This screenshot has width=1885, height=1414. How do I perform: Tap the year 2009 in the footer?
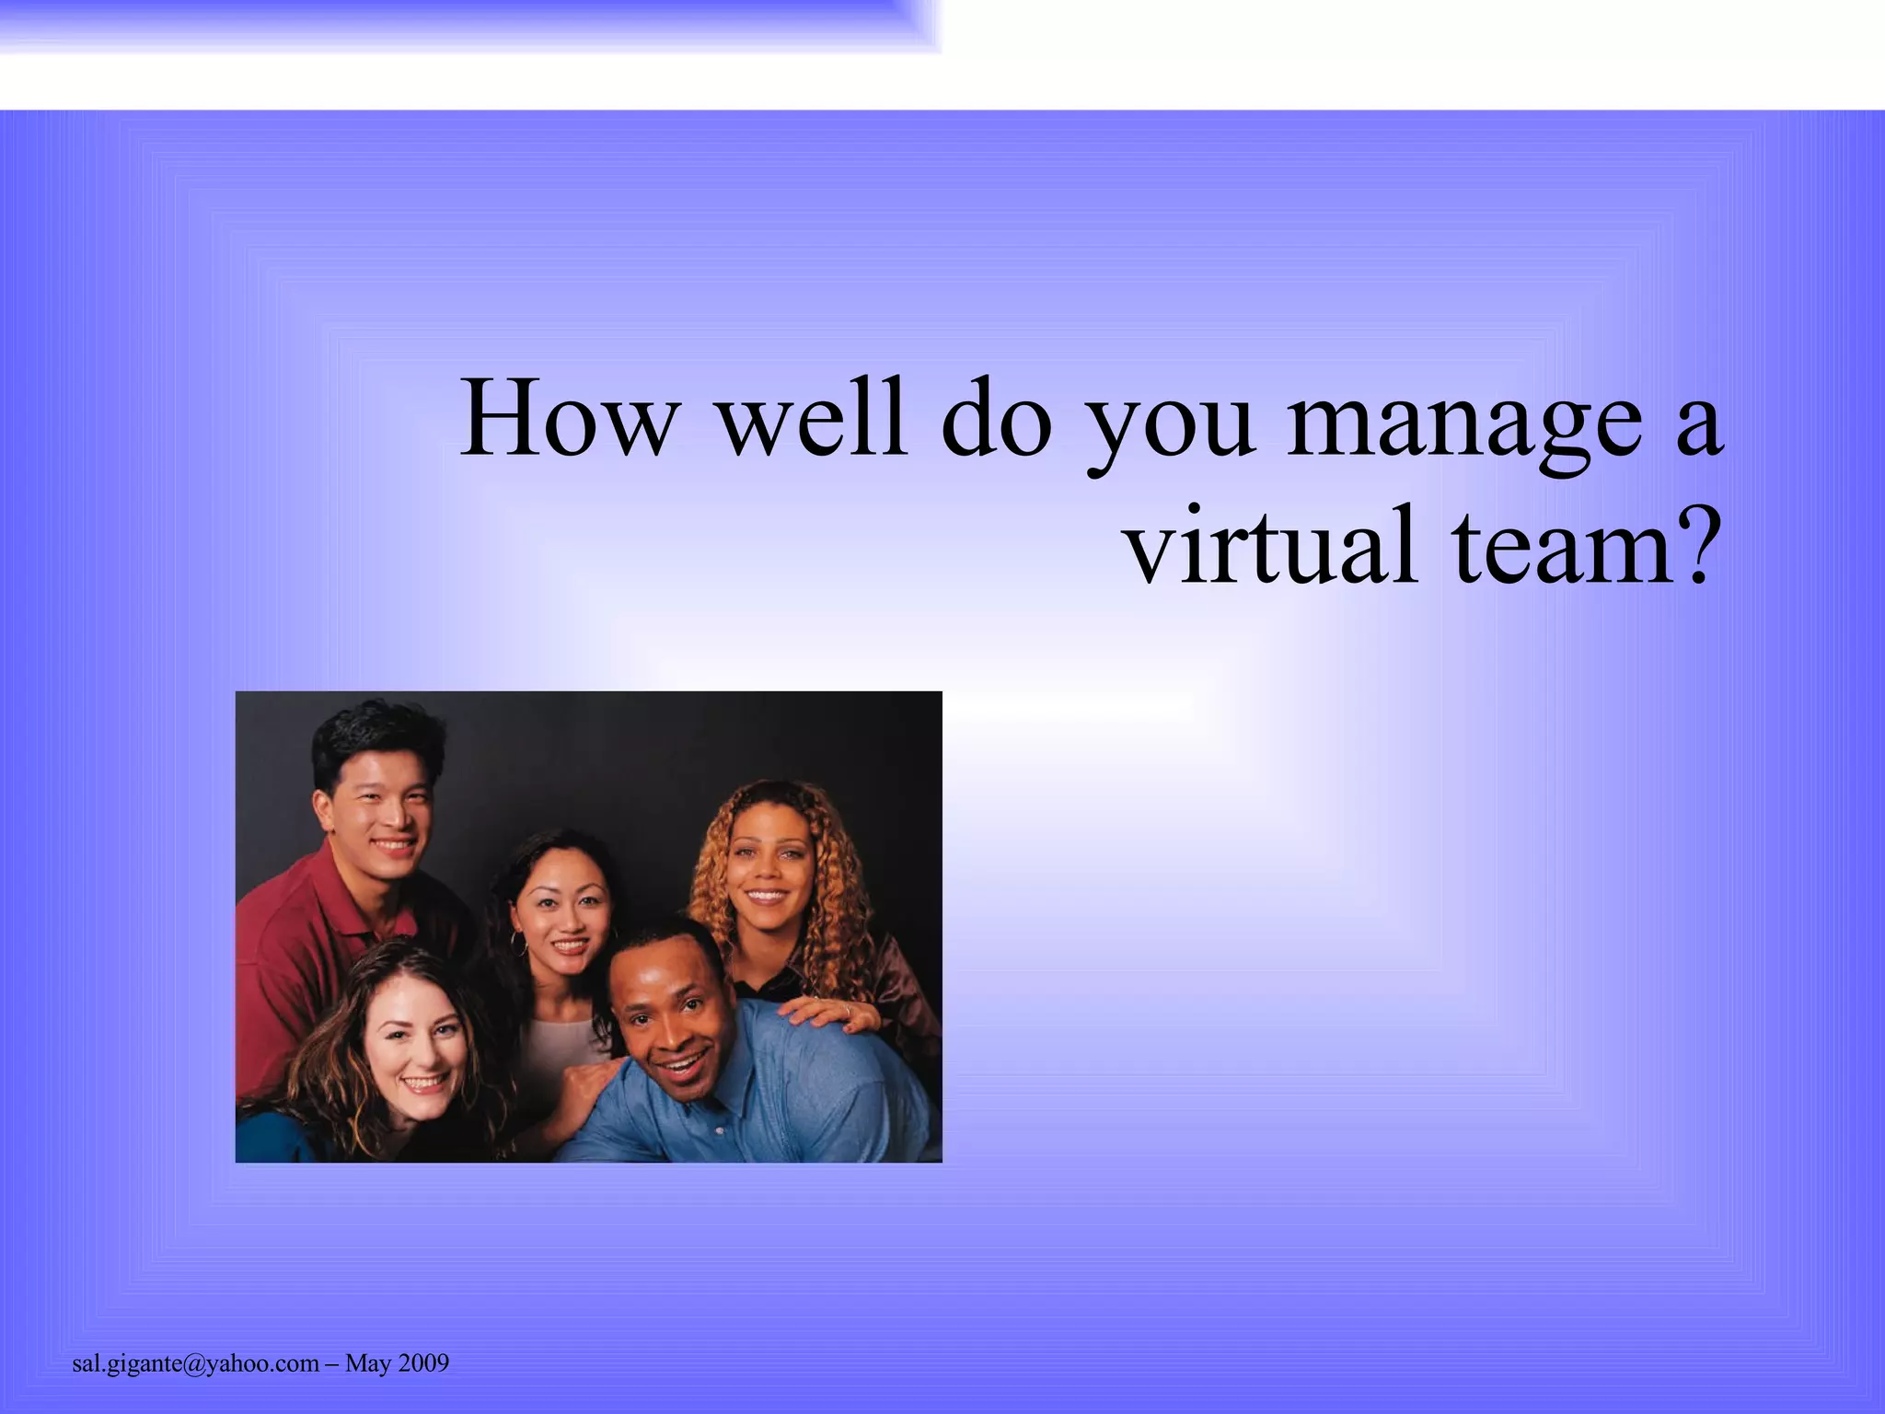(x=422, y=1363)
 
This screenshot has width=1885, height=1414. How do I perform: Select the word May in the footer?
(x=367, y=1364)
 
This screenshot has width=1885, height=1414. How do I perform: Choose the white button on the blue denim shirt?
(x=721, y=1129)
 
